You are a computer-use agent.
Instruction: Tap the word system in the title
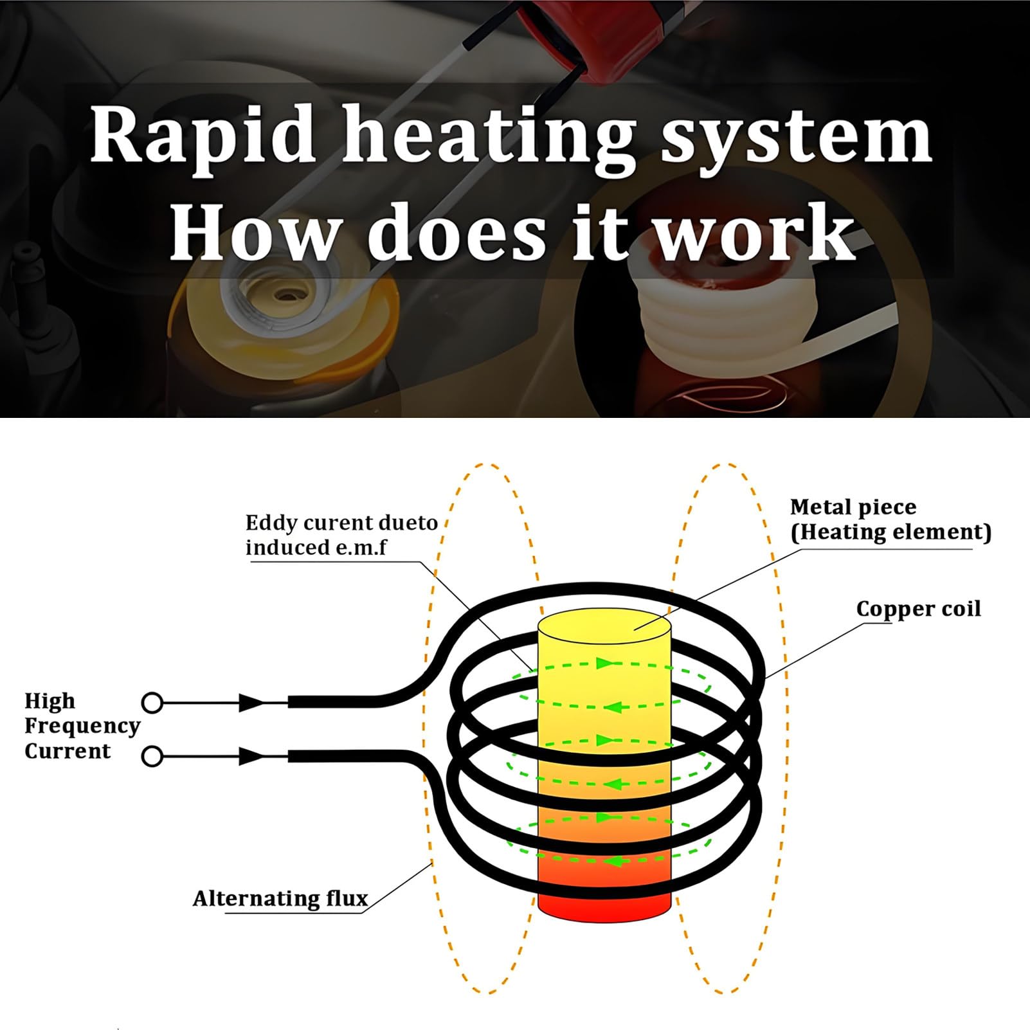pos(797,138)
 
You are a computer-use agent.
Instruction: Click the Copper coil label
pos(919,609)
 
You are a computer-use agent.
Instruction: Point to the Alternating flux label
pos(280,898)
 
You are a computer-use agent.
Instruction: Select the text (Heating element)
pos(891,532)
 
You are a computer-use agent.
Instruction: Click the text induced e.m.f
pos(316,548)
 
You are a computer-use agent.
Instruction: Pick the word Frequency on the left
pos(82,726)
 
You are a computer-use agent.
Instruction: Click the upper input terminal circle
pos(152,703)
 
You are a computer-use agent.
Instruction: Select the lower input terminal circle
pos(152,757)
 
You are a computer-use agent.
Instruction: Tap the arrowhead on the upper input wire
pos(251,703)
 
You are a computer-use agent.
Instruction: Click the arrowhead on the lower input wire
pos(251,757)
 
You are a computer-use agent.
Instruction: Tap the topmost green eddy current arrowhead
pos(604,663)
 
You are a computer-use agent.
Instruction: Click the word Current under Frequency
pos(68,751)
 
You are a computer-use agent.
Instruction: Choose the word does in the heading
pos(456,231)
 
